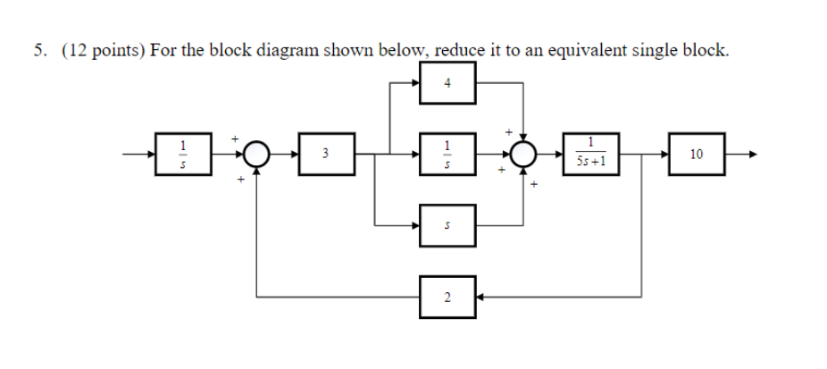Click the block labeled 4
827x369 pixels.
(447, 83)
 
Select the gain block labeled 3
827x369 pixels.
(326, 155)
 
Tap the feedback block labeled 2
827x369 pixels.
(447, 296)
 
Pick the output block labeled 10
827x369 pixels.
(696, 155)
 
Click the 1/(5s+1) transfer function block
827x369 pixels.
(590, 155)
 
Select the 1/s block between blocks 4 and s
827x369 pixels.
(447, 155)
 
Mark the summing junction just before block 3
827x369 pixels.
(257, 155)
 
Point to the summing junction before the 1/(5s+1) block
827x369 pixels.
(522, 155)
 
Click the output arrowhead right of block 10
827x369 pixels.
(752, 155)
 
